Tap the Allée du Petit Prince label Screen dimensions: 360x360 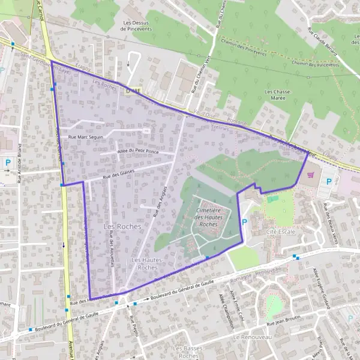point(138,151)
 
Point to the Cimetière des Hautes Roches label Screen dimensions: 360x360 point(208,217)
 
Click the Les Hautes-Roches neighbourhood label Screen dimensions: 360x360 point(144,263)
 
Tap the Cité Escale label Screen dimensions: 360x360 point(280,232)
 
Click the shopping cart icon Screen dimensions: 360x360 point(310,175)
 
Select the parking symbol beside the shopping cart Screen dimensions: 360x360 point(328,181)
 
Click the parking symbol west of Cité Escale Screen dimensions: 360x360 point(244,222)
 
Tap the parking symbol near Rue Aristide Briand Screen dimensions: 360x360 point(8,162)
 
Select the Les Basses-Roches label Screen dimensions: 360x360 point(188,352)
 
